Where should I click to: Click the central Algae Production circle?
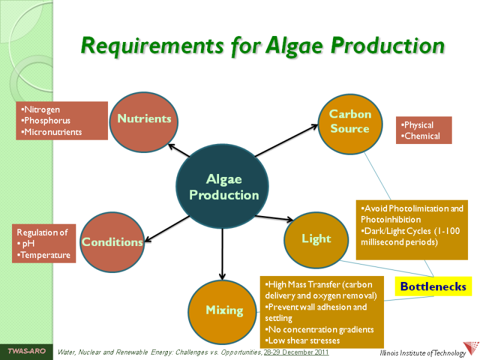[224, 187]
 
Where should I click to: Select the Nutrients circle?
[144, 122]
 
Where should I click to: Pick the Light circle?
[316, 238]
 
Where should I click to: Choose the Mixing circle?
[224, 310]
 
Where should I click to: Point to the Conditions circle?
[112, 242]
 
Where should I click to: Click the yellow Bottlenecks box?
[433, 287]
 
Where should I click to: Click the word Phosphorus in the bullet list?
[47, 121]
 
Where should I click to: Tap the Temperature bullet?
[45, 255]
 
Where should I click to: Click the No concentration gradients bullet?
[320, 329]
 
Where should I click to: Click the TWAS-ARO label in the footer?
[26, 350]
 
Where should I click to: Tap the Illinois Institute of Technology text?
[423, 353]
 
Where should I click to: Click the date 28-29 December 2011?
[296, 352]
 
